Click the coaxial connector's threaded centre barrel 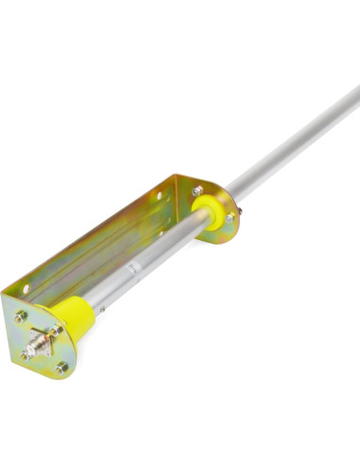38,341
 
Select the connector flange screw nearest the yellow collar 57,330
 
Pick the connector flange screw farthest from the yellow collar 26,355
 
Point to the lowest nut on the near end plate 62,368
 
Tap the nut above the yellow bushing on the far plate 197,191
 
